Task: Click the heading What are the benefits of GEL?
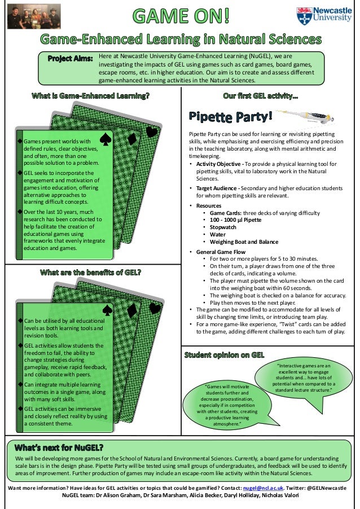click(x=90, y=273)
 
